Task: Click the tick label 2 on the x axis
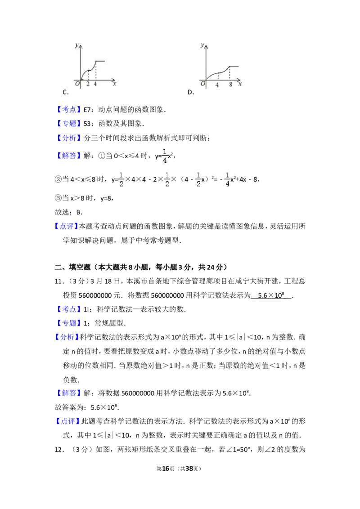[88, 84]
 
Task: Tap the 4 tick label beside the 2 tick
[95, 84]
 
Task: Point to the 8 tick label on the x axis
[230, 84]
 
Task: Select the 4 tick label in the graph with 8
[217, 84]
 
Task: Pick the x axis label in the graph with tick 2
[115, 84]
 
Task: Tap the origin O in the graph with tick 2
[77, 84]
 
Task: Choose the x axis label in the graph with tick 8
[240, 84]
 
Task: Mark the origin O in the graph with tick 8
[203, 84]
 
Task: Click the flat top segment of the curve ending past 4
[100, 61]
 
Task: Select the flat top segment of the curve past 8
[234, 67]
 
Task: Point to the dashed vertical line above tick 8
[229, 74]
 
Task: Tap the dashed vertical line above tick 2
[88, 75]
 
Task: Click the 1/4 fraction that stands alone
[165, 156]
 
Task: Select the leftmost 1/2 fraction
[121, 179]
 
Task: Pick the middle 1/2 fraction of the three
[167, 179]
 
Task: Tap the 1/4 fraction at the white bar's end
[228, 179]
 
